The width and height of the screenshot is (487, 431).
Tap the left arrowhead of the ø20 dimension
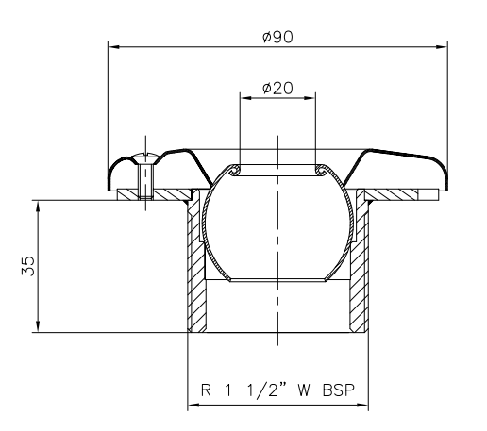(x=243, y=97)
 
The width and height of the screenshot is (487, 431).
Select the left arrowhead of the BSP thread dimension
(x=193, y=406)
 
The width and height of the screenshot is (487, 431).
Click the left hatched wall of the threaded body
(x=195, y=269)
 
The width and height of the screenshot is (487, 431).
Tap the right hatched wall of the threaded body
(x=358, y=269)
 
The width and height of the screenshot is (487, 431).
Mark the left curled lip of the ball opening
(x=235, y=171)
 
